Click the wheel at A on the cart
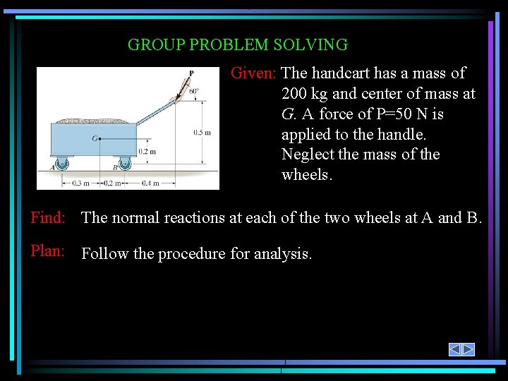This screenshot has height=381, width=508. tap(61, 164)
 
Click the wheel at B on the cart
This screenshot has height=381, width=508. tap(124, 164)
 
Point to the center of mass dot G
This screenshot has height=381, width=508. tap(100, 139)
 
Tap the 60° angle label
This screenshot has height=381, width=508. tap(194, 90)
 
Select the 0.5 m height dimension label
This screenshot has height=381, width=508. tap(202, 132)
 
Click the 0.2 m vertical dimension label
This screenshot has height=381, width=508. tap(147, 151)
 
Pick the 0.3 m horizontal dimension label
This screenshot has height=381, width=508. tap(81, 183)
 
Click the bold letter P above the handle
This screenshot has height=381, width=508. tap(191, 73)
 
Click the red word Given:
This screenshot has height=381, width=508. tap(255, 73)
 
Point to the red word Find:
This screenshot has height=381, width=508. tap(48, 218)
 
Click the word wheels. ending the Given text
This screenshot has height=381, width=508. tap(306, 175)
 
